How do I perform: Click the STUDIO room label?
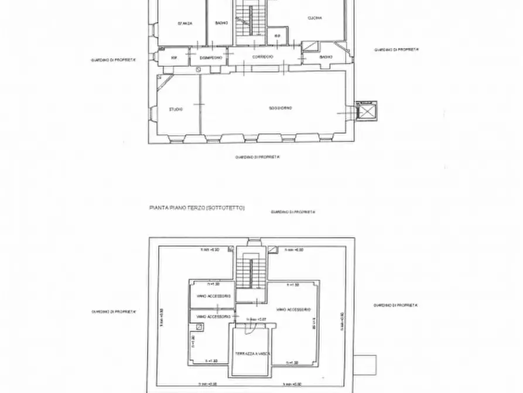175,109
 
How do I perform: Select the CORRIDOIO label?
263,57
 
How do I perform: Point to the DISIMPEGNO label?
210,57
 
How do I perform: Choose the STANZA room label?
186,23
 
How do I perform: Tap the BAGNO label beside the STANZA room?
221,23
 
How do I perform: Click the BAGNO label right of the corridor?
326,57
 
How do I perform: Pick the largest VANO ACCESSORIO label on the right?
293,309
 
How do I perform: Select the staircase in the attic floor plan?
251,273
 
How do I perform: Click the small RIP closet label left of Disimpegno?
174,57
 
